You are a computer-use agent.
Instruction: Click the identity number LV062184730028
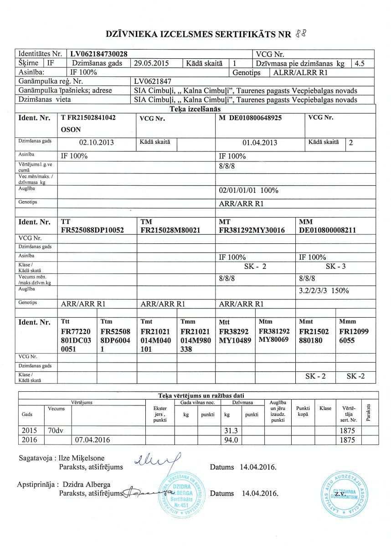pos(101,54)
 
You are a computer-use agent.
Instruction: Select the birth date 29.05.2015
pos(149,63)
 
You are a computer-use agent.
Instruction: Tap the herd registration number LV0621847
pos(153,81)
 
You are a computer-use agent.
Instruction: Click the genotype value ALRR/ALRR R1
pos(299,72)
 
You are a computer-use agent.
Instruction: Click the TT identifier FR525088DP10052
pos(93,230)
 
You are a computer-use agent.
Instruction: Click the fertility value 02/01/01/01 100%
pos(249,190)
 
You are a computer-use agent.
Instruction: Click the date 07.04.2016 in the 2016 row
pos(91,440)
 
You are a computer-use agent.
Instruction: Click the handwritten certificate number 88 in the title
pos(300,33)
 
